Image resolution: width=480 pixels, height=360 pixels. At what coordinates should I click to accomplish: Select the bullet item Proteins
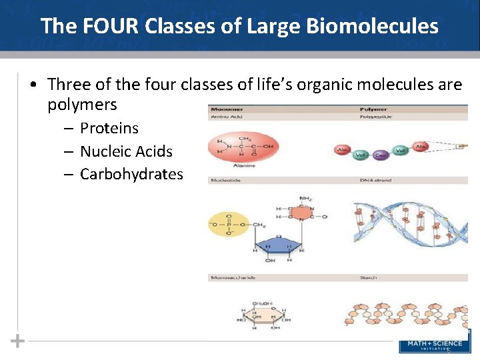click(x=109, y=128)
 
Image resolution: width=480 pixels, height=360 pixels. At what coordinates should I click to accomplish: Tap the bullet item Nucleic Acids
click(x=126, y=151)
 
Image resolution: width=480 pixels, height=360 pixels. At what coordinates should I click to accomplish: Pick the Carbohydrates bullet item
click(x=131, y=174)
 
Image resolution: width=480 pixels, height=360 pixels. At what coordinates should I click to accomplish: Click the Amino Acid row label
click(x=225, y=117)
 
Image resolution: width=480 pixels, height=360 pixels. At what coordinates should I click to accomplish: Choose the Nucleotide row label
click(x=225, y=180)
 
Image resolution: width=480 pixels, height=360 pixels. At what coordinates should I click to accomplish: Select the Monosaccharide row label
click(x=231, y=277)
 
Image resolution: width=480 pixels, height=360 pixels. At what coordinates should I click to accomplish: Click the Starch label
click(x=368, y=277)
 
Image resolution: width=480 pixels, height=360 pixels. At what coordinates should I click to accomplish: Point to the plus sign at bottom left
click(x=17, y=341)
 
